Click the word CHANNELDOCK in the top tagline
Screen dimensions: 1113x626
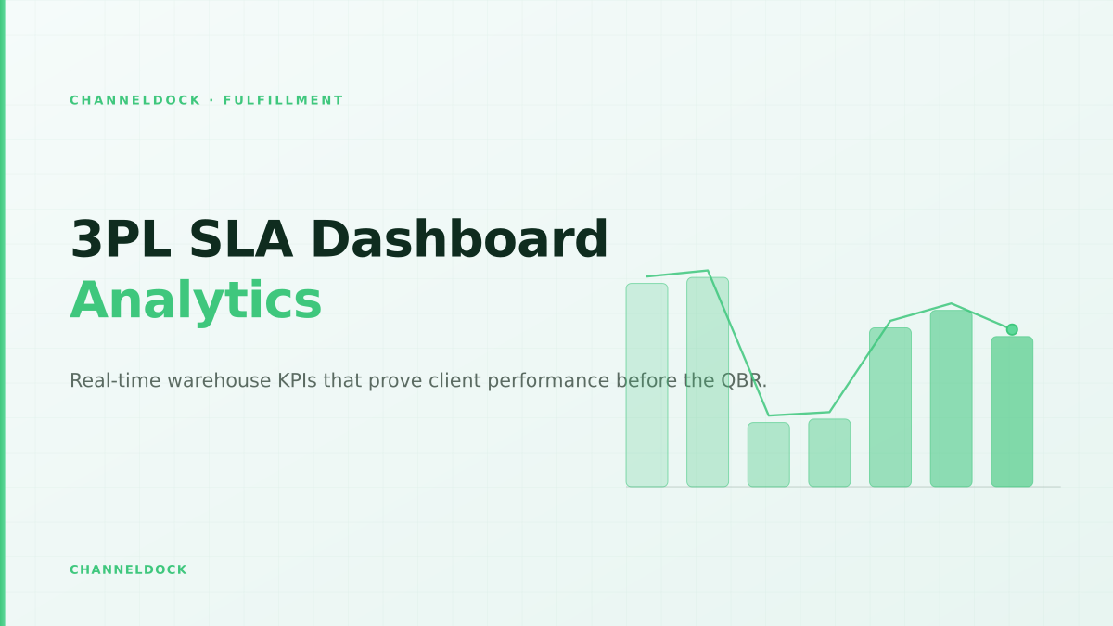135,100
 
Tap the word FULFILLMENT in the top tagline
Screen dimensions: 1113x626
283,100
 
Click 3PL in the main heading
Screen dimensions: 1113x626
121,240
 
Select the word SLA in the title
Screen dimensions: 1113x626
241,240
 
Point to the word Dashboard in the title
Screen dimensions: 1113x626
460,239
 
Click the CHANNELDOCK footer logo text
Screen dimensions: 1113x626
128,569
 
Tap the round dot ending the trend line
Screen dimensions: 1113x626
1012,329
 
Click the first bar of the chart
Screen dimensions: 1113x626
647,385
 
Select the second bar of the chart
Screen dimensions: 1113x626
708,382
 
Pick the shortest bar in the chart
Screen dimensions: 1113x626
769,454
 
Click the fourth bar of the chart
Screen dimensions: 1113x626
829,453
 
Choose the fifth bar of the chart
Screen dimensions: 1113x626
890,407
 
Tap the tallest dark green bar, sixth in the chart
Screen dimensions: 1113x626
951,399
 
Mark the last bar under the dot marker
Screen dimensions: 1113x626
1012,412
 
